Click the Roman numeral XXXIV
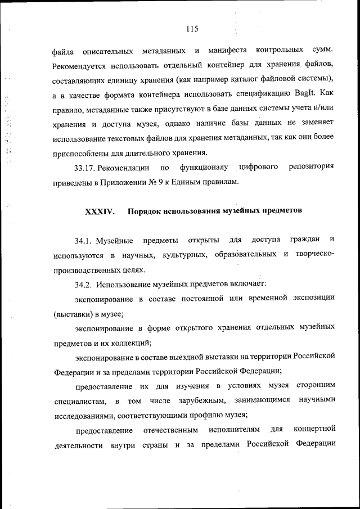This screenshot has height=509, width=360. click(100, 212)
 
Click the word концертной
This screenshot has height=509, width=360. click(315, 430)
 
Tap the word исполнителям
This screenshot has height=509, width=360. click(235, 430)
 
